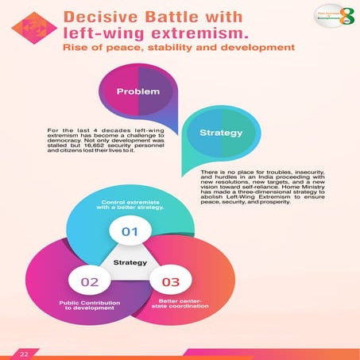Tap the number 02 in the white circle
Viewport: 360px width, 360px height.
(x=89, y=281)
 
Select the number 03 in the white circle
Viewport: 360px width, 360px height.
(x=170, y=281)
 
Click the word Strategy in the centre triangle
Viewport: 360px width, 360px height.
(x=130, y=261)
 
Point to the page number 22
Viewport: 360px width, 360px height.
(x=24, y=352)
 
